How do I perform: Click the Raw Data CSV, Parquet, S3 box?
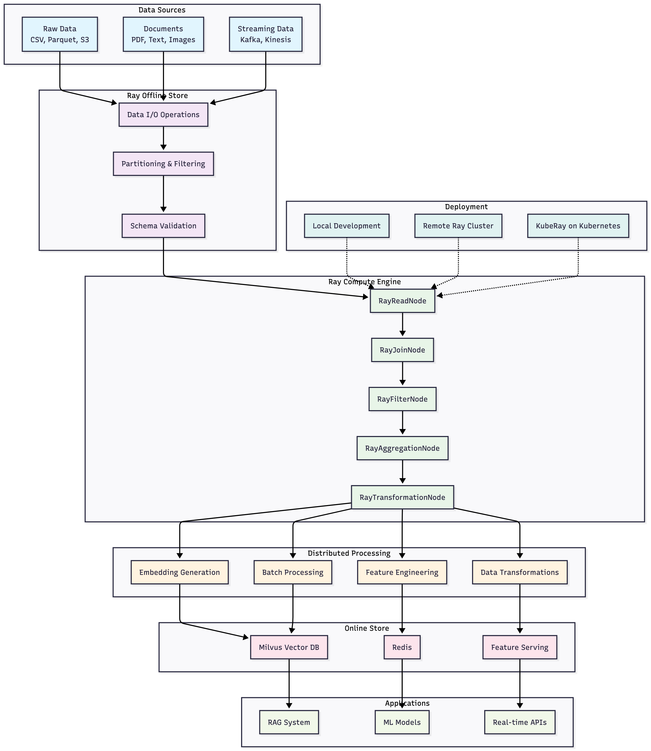tap(59, 34)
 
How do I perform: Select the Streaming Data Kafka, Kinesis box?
tap(266, 34)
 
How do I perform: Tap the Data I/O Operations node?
tap(163, 115)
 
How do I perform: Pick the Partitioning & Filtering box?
tap(163, 164)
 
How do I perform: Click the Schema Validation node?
tap(163, 226)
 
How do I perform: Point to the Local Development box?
tap(346, 226)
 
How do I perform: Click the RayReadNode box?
tap(402, 301)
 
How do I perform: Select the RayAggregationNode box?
tap(402, 448)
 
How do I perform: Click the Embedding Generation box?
tap(179, 572)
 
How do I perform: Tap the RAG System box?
tap(289, 722)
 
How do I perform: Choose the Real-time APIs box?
tap(520, 722)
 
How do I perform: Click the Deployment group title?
tap(466, 207)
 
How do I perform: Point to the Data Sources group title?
tap(162, 10)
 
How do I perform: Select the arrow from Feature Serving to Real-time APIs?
tap(520, 683)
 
